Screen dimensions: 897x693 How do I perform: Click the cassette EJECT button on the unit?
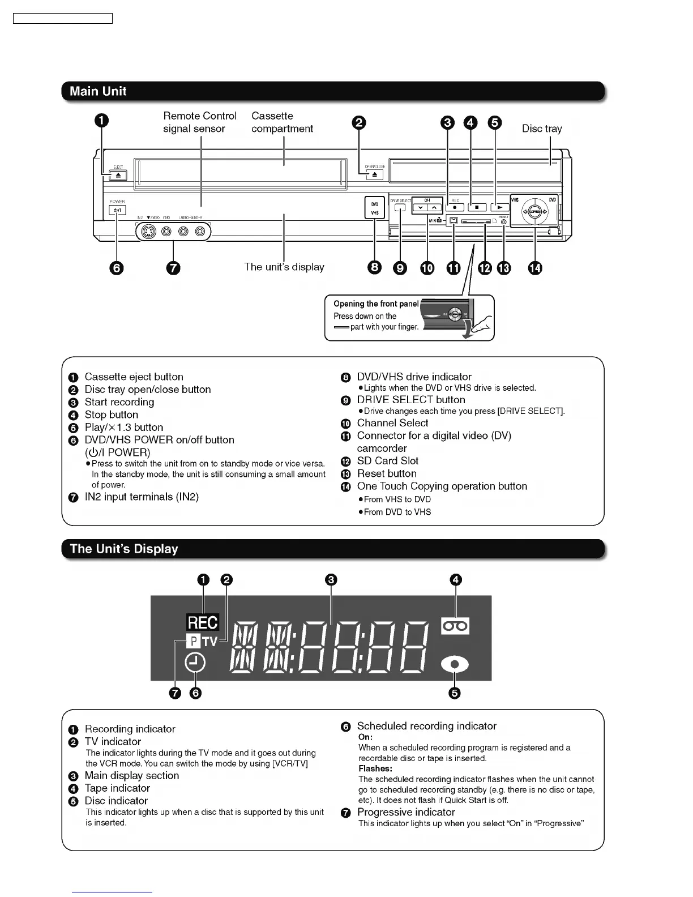pyautogui.click(x=118, y=176)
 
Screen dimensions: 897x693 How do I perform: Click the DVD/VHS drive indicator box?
pyautogui.click(x=374, y=208)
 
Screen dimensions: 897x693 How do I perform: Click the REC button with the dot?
pyautogui.click(x=455, y=207)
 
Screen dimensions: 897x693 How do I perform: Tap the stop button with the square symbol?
pyautogui.click(x=477, y=207)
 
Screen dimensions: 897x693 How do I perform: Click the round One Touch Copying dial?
pyautogui.click(x=535, y=212)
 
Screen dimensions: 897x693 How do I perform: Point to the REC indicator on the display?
pyautogui.click(x=202, y=622)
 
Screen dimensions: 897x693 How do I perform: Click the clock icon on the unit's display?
pyautogui.click(x=195, y=663)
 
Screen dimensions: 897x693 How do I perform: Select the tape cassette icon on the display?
pyautogui.click(x=455, y=626)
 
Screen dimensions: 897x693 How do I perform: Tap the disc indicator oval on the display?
pyautogui.click(x=454, y=665)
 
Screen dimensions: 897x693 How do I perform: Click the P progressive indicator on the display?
pyautogui.click(x=193, y=641)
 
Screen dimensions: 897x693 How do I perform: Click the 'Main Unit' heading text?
pyautogui.click(x=98, y=91)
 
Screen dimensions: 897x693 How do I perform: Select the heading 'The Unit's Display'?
pyautogui.click(x=123, y=549)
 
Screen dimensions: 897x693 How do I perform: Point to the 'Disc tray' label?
pyautogui.click(x=542, y=129)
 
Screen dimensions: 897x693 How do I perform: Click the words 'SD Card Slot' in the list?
pyautogui.click(x=387, y=461)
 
